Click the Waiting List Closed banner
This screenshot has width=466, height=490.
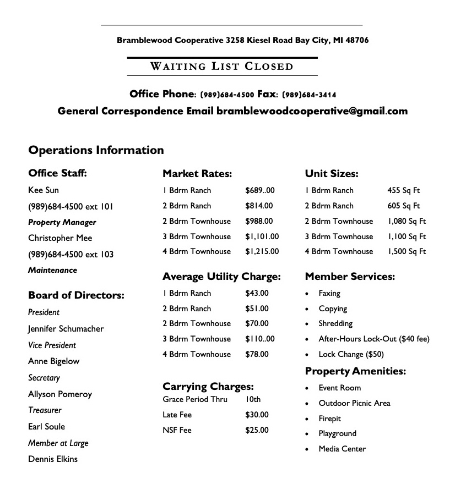222,67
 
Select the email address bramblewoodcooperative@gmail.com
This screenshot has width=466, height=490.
312,111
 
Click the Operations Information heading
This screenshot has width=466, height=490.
96,150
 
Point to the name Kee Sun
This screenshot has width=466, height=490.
44,190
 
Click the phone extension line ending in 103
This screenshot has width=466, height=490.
71,255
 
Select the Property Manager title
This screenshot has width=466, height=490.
62,223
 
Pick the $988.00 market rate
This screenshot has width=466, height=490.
259,221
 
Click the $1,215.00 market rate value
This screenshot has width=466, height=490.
262,251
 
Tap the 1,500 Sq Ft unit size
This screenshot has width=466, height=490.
407,251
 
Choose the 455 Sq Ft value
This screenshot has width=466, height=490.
403,190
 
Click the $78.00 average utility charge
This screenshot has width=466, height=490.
257,354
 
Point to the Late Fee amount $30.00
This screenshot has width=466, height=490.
257,415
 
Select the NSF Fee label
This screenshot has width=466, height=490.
177,430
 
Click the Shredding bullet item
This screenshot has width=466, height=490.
335,324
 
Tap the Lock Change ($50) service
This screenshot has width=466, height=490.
351,355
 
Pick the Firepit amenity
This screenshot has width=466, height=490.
329,419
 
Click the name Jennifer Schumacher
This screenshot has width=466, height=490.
66,329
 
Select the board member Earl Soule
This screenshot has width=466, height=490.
46,427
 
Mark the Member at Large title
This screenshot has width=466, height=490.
58,443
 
